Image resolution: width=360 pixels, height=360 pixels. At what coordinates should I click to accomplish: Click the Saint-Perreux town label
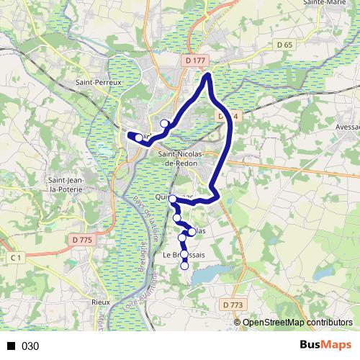click(x=99, y=83)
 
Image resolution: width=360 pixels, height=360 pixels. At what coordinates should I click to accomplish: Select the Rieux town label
click(x=100, y=302)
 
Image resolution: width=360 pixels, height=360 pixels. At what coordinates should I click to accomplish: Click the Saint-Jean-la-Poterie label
click(x=65, y=184)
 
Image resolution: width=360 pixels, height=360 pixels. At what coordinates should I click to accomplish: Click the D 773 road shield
click(x=232, y=305)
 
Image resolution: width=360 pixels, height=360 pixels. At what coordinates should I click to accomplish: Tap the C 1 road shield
click(x=15, y=257)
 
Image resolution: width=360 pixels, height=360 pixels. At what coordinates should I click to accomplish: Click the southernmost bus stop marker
click(x=184, y=266)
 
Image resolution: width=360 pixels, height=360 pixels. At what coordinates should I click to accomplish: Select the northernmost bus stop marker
click(x=164, y=123)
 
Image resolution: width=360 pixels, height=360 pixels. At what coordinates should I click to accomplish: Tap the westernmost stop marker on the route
click(x=139, y=136)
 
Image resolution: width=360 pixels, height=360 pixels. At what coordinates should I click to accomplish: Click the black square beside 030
click(x=11, y=346)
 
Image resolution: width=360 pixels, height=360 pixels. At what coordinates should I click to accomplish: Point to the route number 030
click(x=30, y=346)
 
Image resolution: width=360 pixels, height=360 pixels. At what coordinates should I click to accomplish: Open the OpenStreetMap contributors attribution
click(x=297, y=323)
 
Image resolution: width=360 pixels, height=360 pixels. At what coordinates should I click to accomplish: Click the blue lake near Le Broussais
click(x=206, y=274)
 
